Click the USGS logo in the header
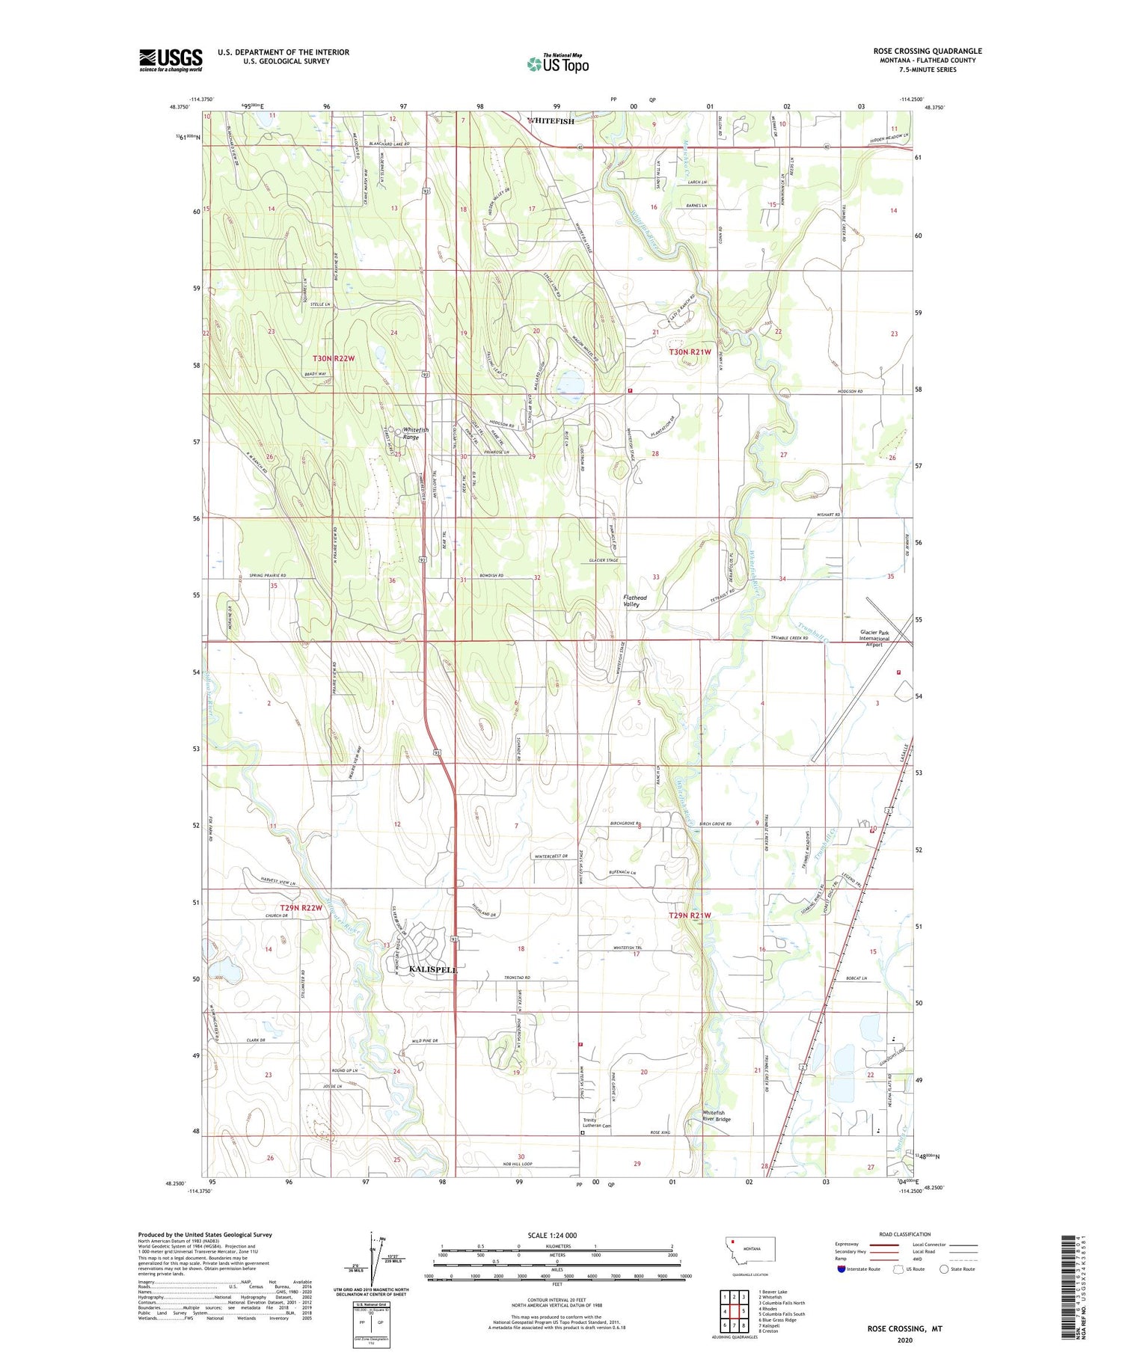point(171,60)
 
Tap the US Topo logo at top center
point(557,64)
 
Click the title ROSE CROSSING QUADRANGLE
point(928,51)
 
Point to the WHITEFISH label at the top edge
point(551,121)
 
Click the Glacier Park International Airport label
point(874,639)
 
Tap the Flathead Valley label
point(635,601)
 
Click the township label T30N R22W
point(328,359)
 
